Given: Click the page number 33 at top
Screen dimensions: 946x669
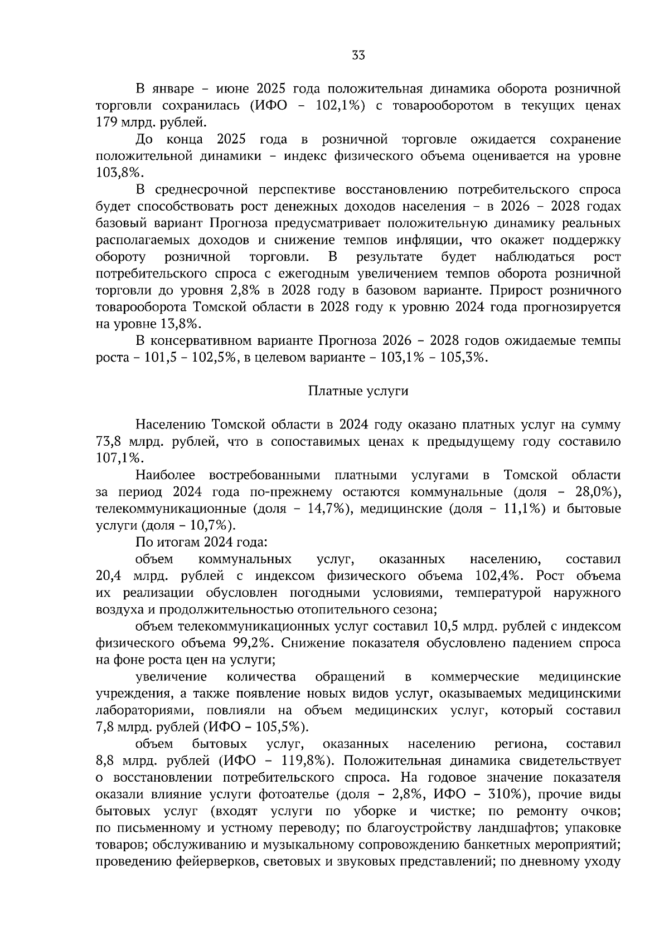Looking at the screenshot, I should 358,55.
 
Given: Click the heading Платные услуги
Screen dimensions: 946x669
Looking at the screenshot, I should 358,391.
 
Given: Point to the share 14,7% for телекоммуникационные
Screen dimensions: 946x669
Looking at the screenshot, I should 325,509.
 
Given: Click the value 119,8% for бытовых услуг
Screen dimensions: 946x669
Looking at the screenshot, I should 306,761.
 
